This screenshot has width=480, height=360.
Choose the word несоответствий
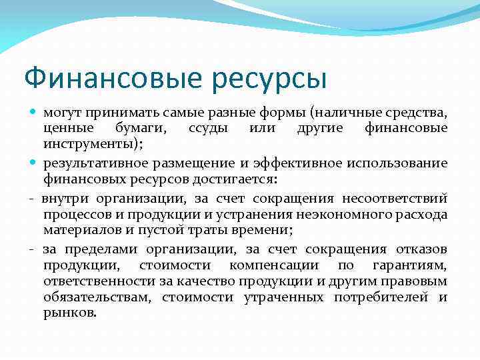tap(395, 197)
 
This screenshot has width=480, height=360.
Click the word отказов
tap(421, 249)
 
